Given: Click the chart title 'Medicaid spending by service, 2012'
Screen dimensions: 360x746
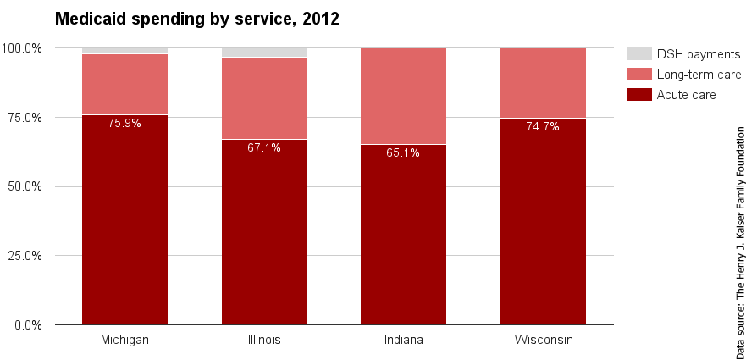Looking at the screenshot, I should click(x=196, y=19).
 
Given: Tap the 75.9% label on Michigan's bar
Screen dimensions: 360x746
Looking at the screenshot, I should click(x=124, y=123).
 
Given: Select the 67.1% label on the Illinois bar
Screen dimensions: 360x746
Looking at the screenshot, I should click(x=264, y=147).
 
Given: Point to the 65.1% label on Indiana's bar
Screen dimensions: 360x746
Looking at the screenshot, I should click(x=403, y=153).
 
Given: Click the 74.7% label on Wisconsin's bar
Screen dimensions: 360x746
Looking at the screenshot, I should click(x=543, y=126).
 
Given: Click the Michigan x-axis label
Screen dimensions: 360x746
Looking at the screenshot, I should click(x=124, y=340).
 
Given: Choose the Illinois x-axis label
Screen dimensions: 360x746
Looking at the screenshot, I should click(x=264, y=340).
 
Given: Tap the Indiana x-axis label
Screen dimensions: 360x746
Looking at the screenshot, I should click(x=403, y=340).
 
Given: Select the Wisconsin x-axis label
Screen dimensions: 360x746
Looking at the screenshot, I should click(x=543, y=340).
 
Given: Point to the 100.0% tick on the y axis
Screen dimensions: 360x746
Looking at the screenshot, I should click(x=25, y=48).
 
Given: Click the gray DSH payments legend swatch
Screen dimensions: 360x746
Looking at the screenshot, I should click(x=638, y=54).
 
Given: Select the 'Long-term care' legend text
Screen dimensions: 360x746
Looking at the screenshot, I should click(x=699, y=75).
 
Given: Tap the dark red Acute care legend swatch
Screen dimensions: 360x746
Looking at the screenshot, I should click(x=638, y=94).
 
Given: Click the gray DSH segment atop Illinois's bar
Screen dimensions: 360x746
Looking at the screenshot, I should click(x=264, y=53).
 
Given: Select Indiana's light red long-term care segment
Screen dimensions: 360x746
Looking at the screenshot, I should click(x=403, y=96).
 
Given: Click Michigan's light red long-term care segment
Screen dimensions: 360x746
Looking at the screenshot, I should click(x=124, y=84).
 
